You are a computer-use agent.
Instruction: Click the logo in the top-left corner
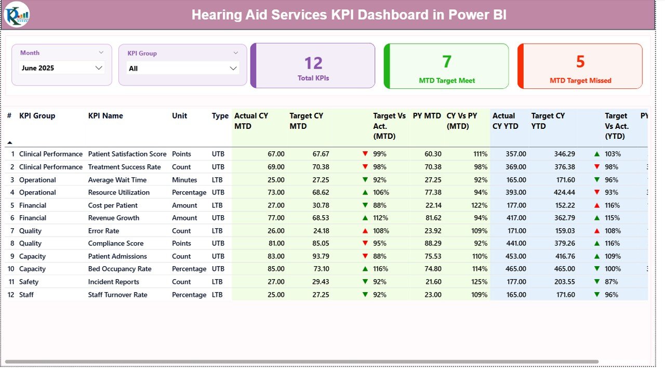(x=17, y=15)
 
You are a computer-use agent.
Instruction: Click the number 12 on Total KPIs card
(x=313, y=63)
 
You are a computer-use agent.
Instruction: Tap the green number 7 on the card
(x=447, y=62)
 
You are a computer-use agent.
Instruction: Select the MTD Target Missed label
(x=580, y=81)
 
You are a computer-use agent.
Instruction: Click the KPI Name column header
(x=105, y=116)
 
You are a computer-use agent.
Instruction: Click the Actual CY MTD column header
(x=251, y=121)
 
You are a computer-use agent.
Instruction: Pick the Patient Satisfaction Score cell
(x=127, y=154)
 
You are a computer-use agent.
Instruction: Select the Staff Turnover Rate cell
(x=117, y=295)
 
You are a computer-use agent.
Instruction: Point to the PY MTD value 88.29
(x=433, y=243)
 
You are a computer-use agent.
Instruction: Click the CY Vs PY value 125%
(x=480, y=282)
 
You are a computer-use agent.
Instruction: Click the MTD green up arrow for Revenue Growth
(x=365, y=218)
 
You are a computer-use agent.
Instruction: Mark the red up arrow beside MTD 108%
(x=365, y=231)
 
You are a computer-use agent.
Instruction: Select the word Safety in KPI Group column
(x=29, y=282)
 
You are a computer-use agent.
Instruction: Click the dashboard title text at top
(x=349, y=15)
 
